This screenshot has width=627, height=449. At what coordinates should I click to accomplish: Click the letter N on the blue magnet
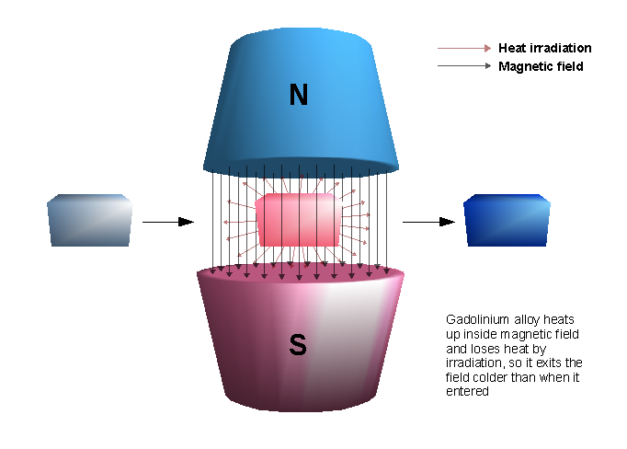298,95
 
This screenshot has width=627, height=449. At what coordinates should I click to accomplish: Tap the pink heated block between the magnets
301,220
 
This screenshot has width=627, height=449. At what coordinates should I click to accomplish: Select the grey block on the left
88,221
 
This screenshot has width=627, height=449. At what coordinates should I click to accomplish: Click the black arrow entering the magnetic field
169,222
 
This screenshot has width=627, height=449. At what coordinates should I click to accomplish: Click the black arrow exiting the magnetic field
429,222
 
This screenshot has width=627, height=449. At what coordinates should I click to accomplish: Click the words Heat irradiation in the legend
544,48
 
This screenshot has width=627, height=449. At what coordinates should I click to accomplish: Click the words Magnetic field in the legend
541,66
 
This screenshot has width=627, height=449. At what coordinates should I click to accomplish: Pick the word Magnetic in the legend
523,66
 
